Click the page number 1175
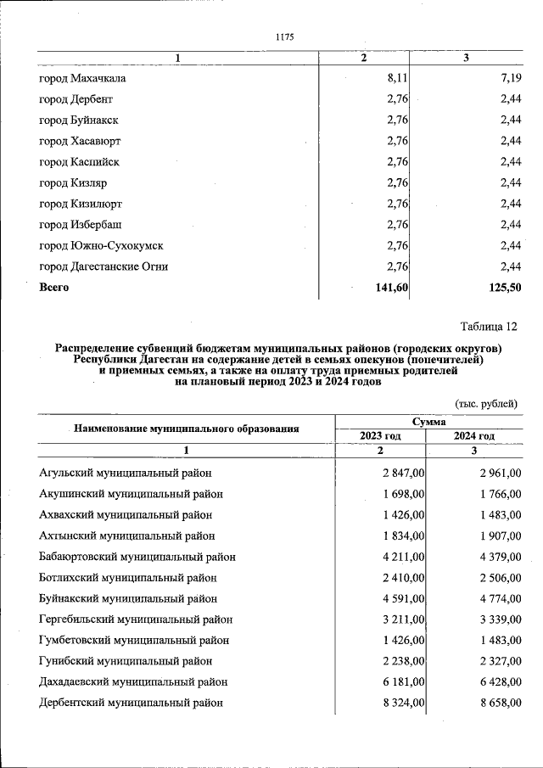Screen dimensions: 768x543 pos(284,36)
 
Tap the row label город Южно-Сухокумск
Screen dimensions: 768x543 pos(101,246)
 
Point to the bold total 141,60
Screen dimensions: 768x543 pos(392,288)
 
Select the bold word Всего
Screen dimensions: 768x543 pos(54,288)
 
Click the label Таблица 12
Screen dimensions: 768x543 pos(489,327)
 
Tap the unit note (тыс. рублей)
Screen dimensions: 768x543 pos(486,404)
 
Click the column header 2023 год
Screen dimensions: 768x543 pos(380,435)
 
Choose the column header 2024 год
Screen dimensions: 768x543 pos(473,435)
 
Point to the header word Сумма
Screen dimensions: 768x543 pos(429,421)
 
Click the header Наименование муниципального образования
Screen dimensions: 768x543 pos(187,429)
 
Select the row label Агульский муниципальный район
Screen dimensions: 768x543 pos(126,473)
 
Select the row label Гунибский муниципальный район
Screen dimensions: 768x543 pos(124,661)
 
